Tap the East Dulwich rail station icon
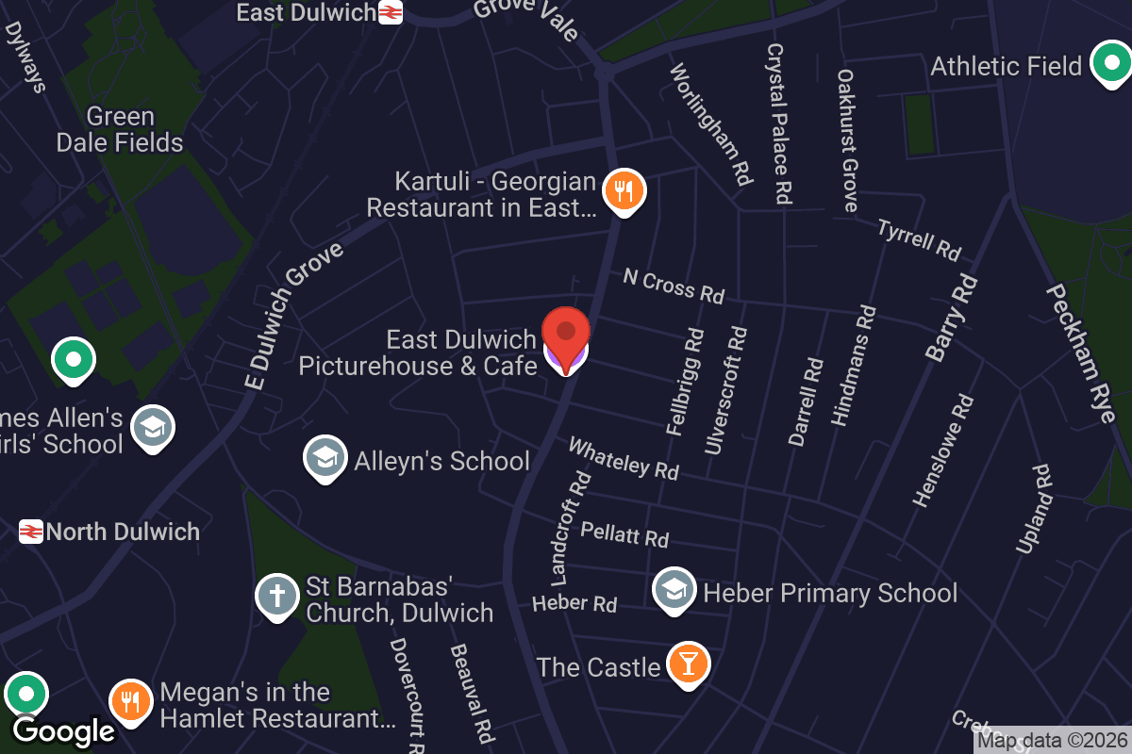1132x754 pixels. (x=391, y=12)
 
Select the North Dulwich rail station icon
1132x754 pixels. (x=31, y=533)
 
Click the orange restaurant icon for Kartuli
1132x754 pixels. (x=623, y=190)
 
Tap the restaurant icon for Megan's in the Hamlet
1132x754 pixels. (x=131, y=702)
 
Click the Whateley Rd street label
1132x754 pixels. (x=624, y=457)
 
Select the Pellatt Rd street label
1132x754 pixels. (x=624, y=533)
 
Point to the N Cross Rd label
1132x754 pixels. (x=674, y=286)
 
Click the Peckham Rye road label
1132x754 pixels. (x=1080, y=352)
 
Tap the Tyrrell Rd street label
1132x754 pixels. (x=919, y=239)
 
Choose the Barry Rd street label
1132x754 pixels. (x=951, y=319)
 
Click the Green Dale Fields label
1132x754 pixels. (x=120, y=130)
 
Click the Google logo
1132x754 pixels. (x=63, y=730)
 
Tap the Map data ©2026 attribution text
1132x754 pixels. (x=1052, y=741)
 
